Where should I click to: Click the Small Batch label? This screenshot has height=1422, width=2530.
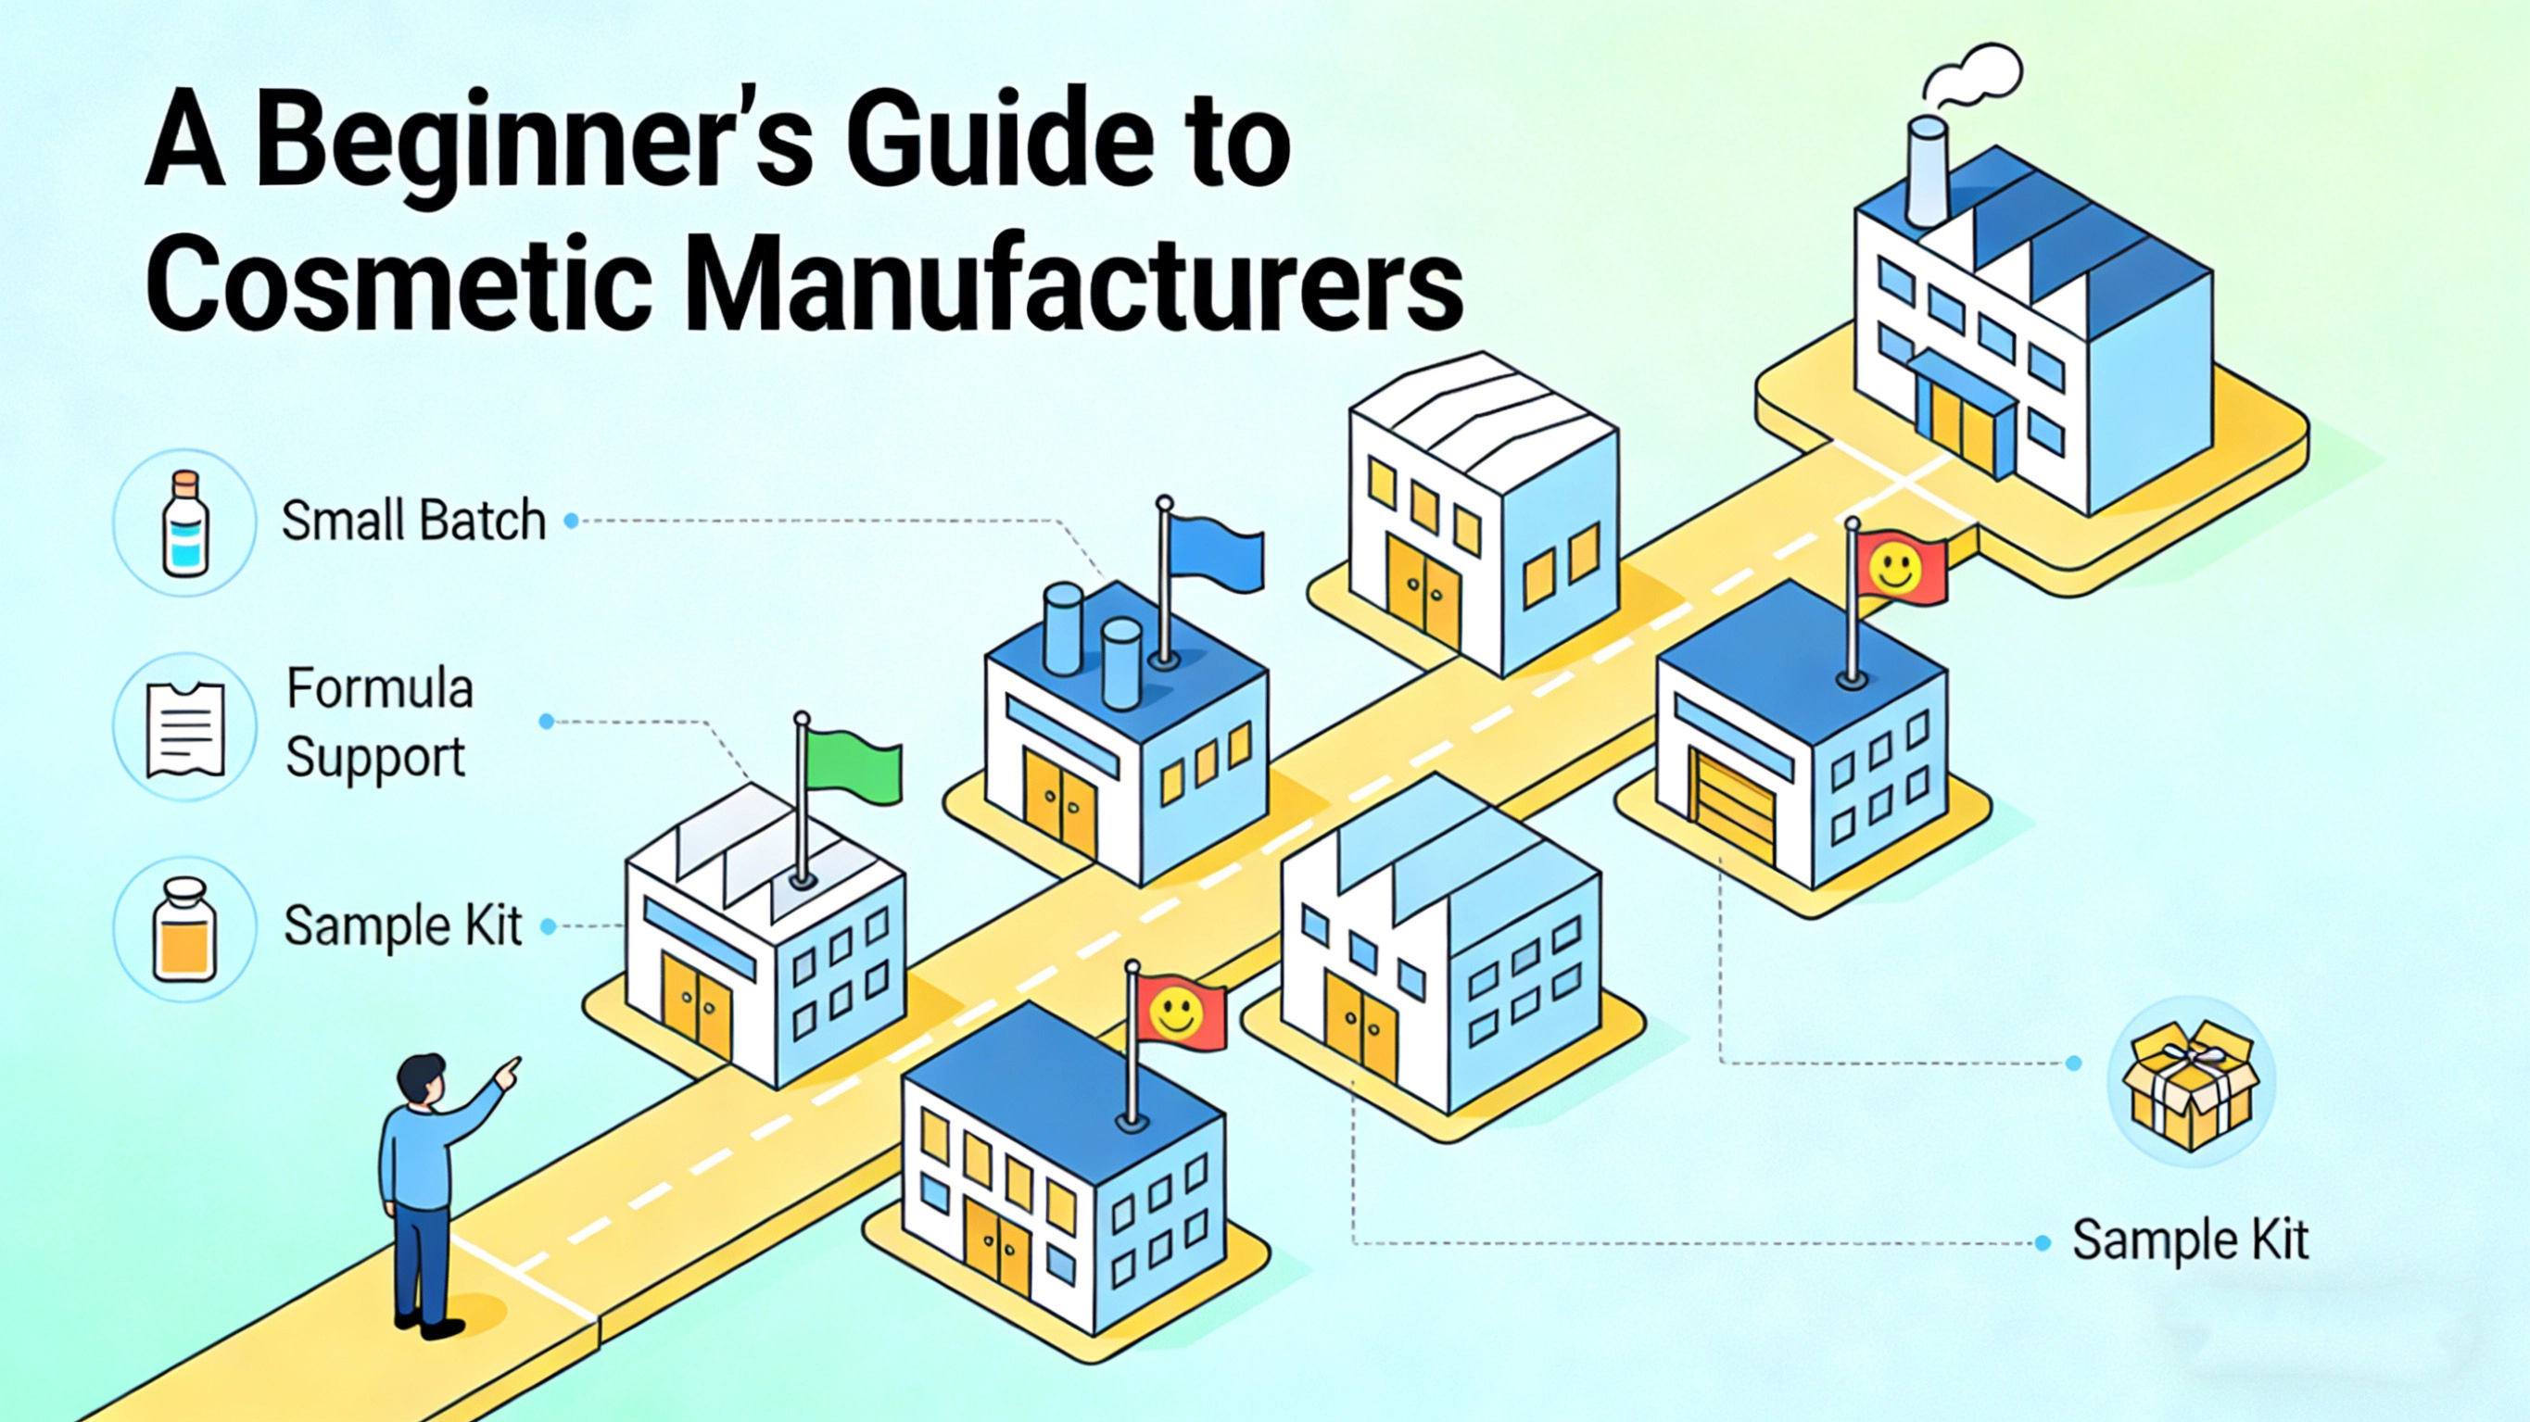pos(413,521)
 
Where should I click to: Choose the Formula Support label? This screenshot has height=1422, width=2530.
pos(379,722)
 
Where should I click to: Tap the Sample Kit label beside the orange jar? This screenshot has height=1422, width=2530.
pos(403,926)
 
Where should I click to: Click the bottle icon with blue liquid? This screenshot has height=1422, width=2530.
pos(184,522)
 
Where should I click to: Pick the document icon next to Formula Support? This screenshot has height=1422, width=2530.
pos(184,730)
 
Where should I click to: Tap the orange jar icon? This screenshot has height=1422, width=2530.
pos(184,930)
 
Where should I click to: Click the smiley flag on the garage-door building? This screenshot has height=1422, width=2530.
pos(1895,568)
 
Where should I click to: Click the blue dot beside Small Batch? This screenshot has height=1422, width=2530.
pos(571,522)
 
